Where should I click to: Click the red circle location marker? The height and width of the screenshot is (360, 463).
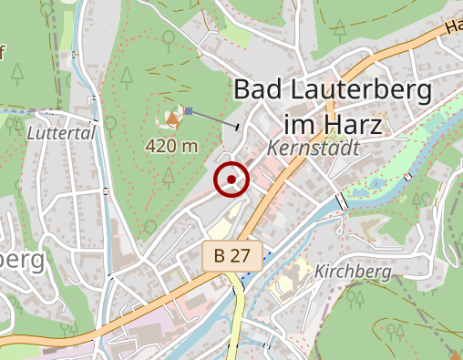231,180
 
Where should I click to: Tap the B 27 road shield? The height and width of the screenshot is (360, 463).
232,256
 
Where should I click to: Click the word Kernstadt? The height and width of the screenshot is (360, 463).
314,148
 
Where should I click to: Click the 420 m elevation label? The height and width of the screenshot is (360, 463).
171,146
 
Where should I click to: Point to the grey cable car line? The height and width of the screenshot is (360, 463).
215,118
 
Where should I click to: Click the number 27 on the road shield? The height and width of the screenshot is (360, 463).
240,256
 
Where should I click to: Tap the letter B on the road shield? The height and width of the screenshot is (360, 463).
220,256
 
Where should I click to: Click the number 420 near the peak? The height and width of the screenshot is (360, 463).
161,146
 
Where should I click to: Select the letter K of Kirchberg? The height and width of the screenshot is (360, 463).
319,272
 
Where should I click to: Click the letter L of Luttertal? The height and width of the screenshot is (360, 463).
31,133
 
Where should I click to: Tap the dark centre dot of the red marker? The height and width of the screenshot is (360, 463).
231,180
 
